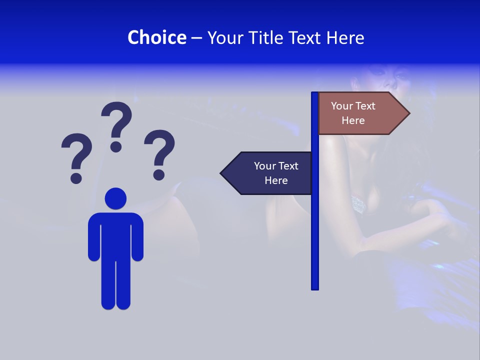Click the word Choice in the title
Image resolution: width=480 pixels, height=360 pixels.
(156, 37)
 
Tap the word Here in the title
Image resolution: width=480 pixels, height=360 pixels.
(345, 37)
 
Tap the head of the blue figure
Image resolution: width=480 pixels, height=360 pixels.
(115, 198)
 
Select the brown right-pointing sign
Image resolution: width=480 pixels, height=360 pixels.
(357, 113)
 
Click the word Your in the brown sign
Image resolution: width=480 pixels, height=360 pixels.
(342, 106)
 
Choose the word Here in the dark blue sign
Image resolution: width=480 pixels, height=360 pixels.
(276, 180)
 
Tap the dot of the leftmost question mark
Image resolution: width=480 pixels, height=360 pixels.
(76, 177)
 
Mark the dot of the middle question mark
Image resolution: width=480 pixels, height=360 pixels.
(116, 146)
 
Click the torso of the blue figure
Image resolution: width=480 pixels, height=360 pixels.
(115, 235)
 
